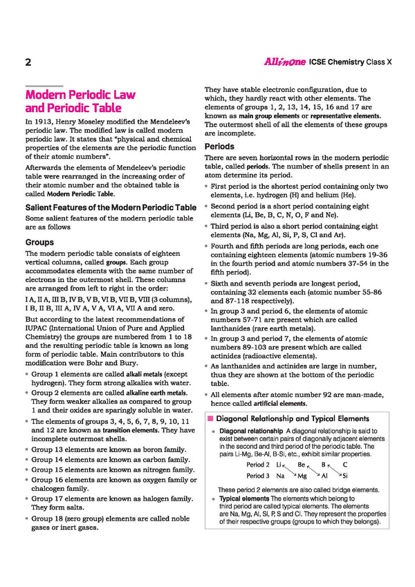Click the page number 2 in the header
click(28, 62)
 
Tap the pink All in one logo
click(286, 62)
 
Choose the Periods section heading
click(219, 147)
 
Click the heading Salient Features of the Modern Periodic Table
click(111, 207)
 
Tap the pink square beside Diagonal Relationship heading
click(210, 419)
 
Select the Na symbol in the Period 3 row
click(281, 476)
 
